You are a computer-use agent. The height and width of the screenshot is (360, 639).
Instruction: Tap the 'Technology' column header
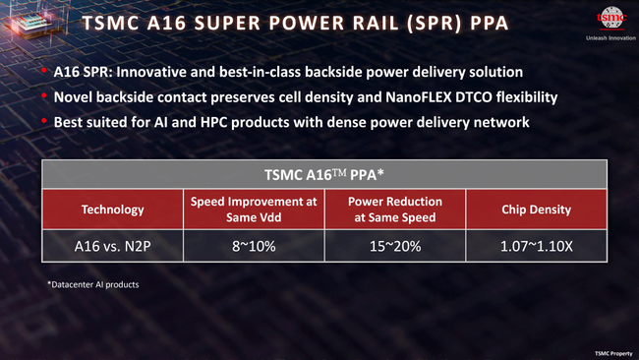[x=112, y=210]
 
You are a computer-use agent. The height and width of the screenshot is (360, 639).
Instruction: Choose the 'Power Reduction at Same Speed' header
[x=395, y=210]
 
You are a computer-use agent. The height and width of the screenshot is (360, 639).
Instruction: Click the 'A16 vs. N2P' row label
[x=112, y=245]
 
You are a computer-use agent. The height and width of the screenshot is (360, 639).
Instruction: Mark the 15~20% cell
[x=395, y=245]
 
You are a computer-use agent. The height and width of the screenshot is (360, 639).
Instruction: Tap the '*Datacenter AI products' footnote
[x=92, y=285]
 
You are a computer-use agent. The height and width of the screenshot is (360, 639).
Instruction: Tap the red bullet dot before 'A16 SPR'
[x=45, y=73]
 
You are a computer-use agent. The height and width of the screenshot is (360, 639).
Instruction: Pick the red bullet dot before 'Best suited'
[x=45, y=121]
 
